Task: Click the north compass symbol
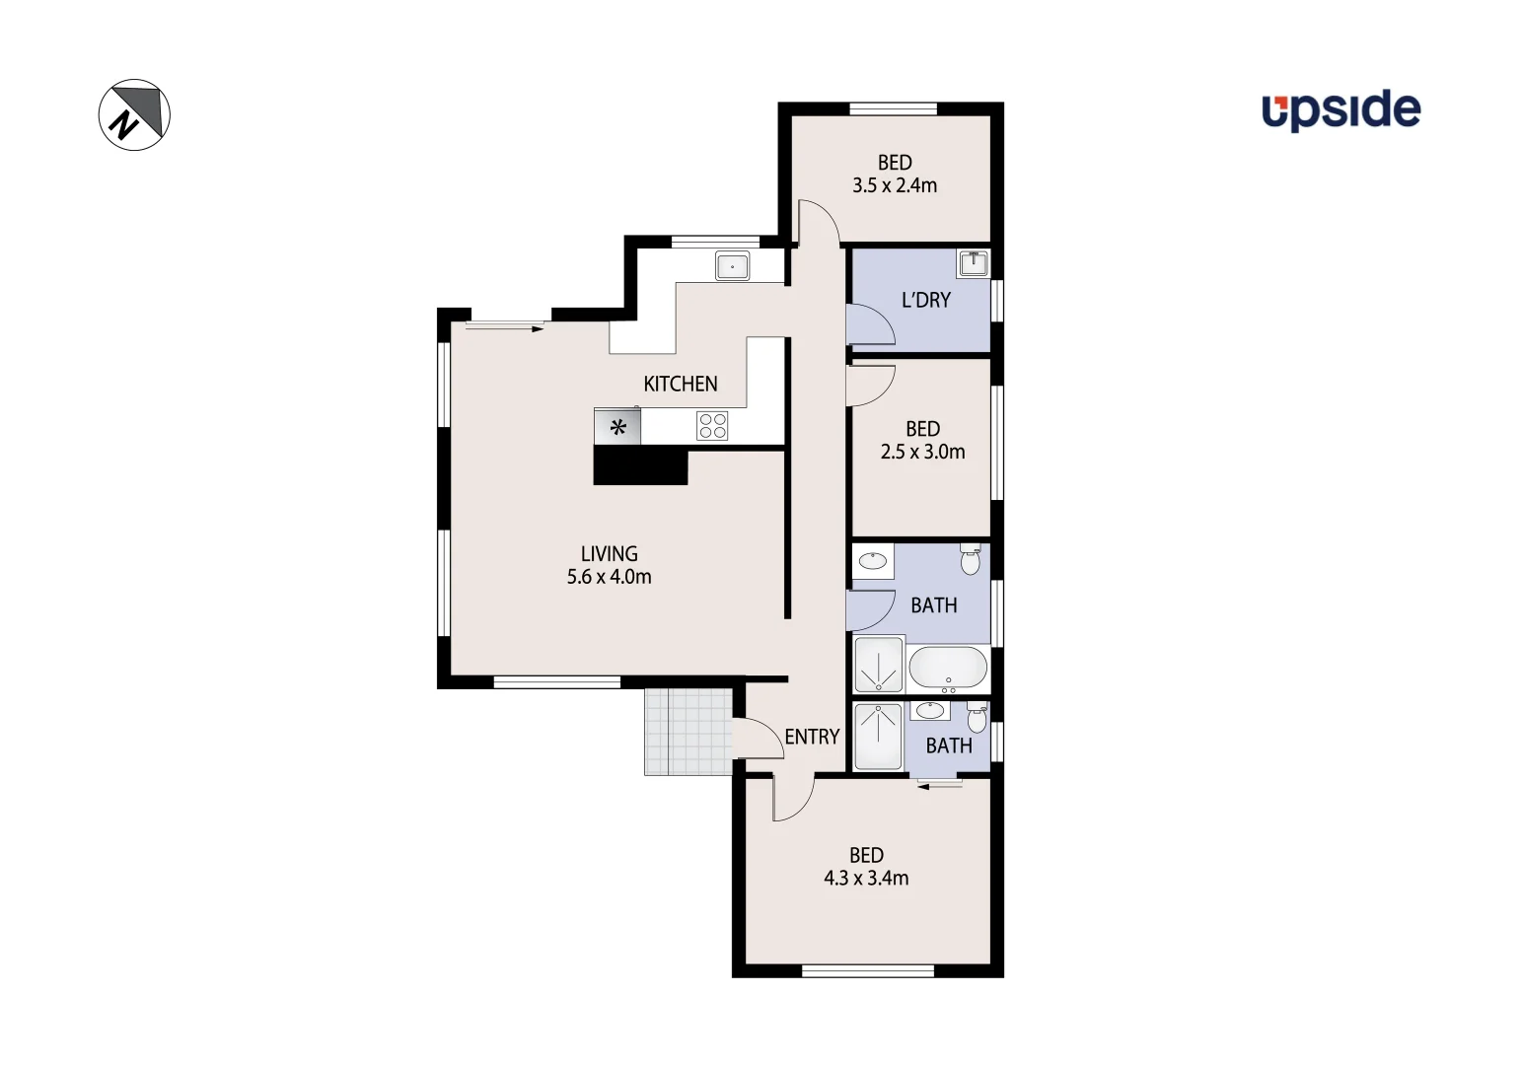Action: pos(134,114)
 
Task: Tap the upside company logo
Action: pos(1340,109)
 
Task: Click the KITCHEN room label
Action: pos(680,384)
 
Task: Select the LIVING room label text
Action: pos(609,554)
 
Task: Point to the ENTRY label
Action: pos(812,737)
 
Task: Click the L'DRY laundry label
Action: pos(925,300)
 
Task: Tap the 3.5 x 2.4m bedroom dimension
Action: pos(895,185)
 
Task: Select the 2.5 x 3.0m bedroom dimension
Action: pos(922,452)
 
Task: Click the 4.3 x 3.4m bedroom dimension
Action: pos(866,878)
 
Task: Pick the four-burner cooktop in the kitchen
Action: pos(712,426)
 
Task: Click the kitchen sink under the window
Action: pos(732,266)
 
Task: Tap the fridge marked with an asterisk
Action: pos(617,427)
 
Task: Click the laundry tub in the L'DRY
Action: pos(973,263)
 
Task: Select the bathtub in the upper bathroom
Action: pos(947,668)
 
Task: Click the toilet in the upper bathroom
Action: pos(971,559)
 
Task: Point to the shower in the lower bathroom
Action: pos(878,736)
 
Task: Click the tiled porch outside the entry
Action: pos(688,732)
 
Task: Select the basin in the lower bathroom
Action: pos(929,710)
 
